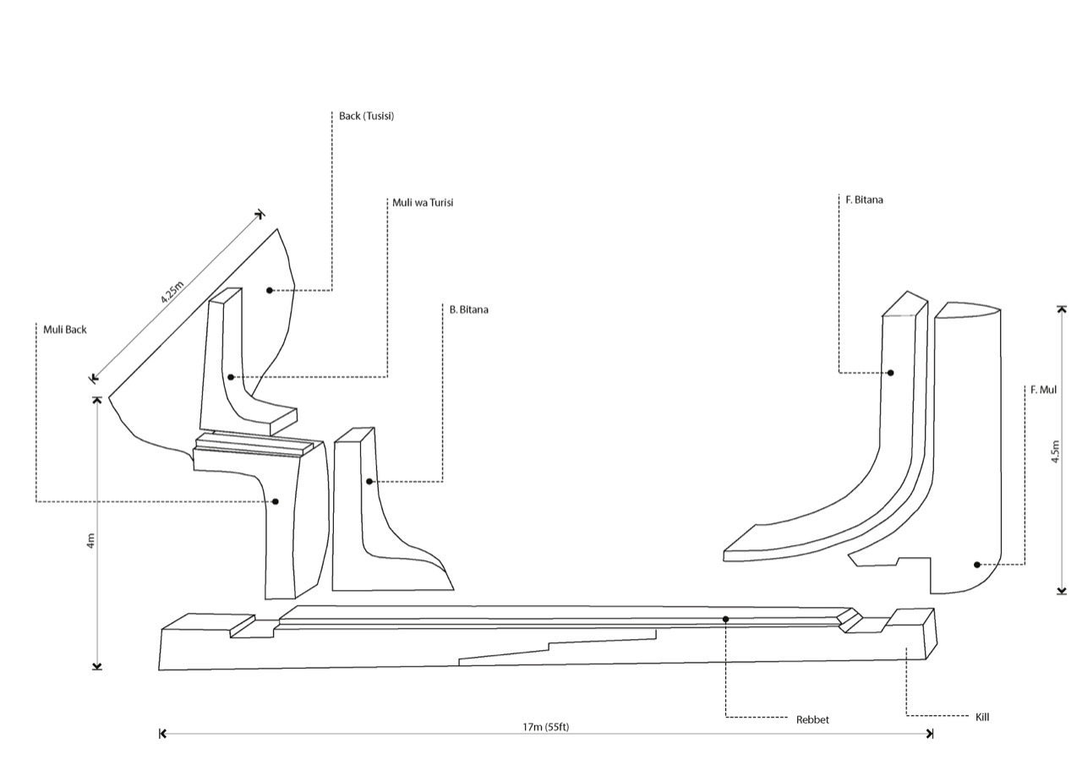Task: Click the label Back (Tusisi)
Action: coord(366,117)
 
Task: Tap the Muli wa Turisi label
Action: coord(423,203)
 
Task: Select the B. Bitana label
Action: coord(468,309)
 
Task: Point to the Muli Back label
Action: coord(65,330)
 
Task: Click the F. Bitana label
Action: coord(864,200)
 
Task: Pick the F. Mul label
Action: coord(1043,390)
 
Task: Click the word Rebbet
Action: coord(812,719)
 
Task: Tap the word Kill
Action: coord(982,717)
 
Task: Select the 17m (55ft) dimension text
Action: coord(546,727)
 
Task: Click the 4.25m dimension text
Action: coord(172,292)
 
